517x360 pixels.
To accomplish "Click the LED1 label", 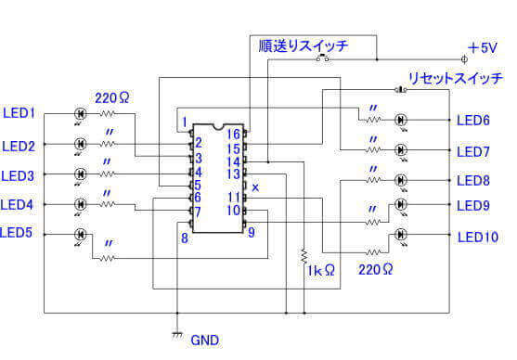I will pos(19,113).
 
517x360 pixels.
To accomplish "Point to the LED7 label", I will pos(473,151).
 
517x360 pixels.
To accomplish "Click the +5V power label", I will pos(483,47).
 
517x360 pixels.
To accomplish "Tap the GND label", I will pos(204,341).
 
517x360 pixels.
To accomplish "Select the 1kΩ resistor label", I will pos(319,271).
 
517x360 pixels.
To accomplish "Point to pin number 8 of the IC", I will pos(185,238).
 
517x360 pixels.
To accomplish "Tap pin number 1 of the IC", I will pos(185,122).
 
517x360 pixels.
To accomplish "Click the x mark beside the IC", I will pos(256,187).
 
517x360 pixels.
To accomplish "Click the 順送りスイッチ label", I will pos(291,44).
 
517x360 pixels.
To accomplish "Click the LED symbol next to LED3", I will pos(80,174).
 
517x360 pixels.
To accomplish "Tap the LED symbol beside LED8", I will pos(402,179).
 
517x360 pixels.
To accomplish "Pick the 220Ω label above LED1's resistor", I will pos(111,96).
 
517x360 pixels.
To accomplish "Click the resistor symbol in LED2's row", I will pos(110,144).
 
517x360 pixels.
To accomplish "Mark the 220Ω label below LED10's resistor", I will pos(375,269).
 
